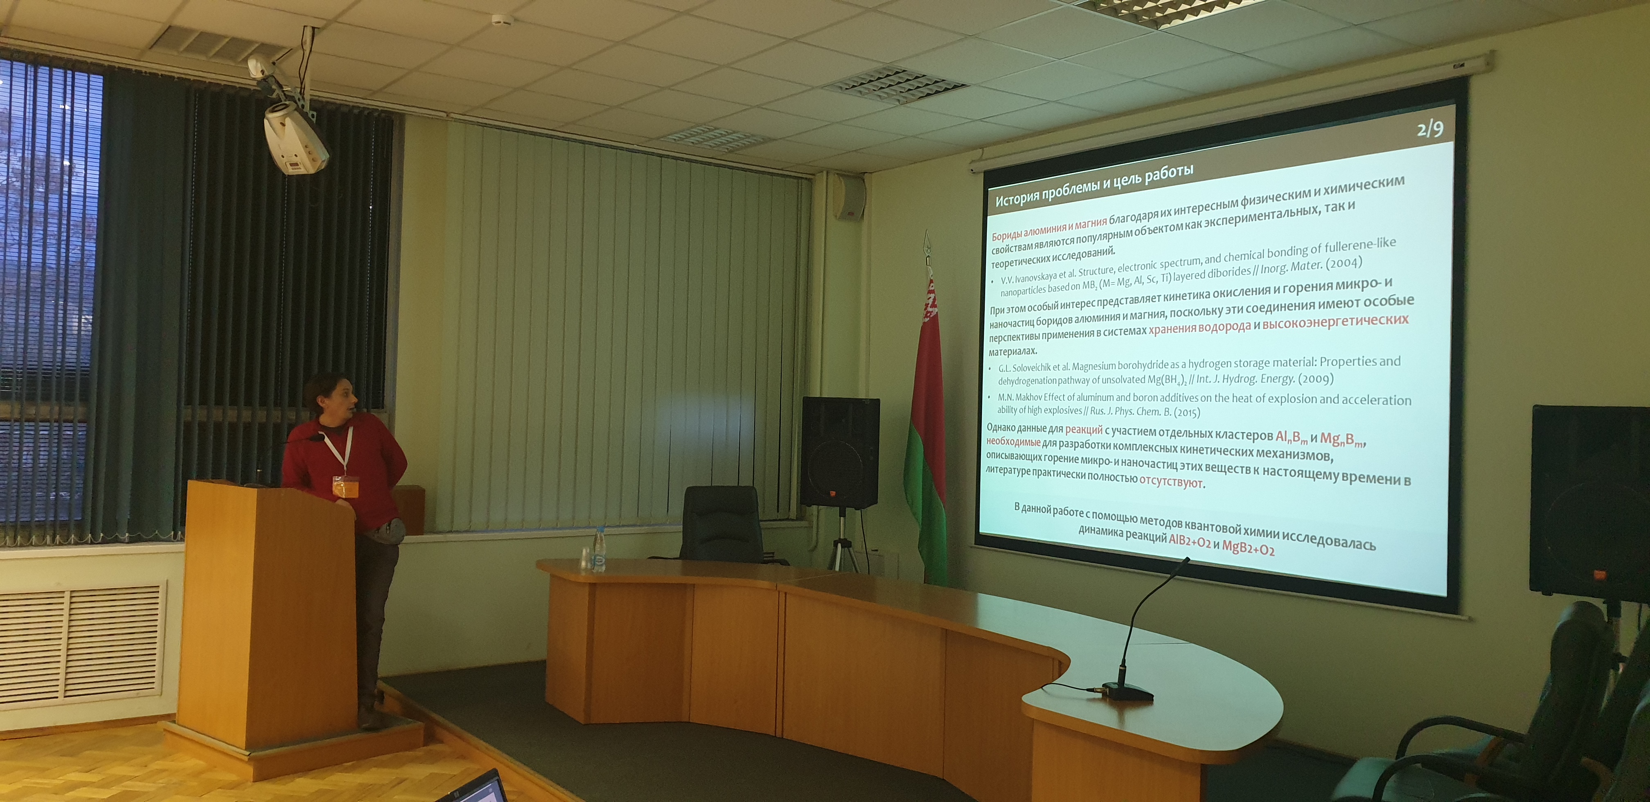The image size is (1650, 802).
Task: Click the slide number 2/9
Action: [1430, 129]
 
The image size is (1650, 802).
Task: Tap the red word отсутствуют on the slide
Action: [1171, 482]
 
